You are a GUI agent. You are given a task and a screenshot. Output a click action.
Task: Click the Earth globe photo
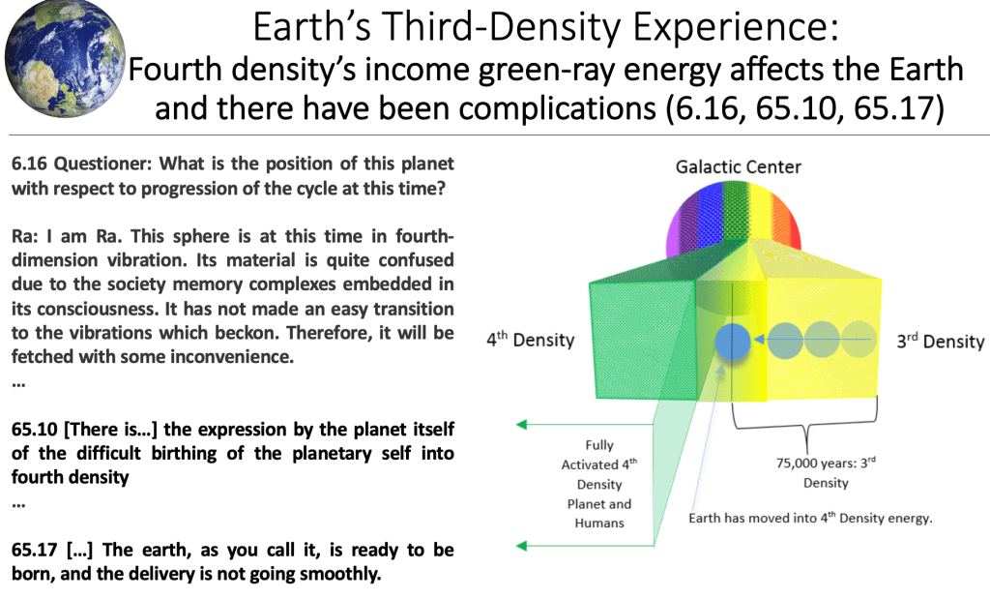tap(65, 59)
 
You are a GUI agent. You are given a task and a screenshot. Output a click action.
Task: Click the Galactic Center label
tap(738, 166)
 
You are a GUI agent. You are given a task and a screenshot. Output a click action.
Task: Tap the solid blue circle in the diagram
tap(733, 342)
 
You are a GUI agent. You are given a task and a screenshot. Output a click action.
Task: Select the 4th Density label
tap(531, 340)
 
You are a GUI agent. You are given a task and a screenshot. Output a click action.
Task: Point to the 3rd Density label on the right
tap(940, 342)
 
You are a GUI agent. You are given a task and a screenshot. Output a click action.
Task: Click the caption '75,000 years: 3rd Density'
tap(826, 472)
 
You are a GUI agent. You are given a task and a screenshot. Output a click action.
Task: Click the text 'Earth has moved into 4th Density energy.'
tap(810, 518)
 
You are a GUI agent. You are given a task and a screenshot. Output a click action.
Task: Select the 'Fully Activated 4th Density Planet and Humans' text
tap(599, 484)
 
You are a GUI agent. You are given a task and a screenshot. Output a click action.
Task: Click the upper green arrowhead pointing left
tap(521, 425)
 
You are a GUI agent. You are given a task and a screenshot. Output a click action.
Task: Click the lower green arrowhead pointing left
tap(521, 545)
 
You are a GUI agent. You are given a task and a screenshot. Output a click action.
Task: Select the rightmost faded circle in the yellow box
tap(859, 340)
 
